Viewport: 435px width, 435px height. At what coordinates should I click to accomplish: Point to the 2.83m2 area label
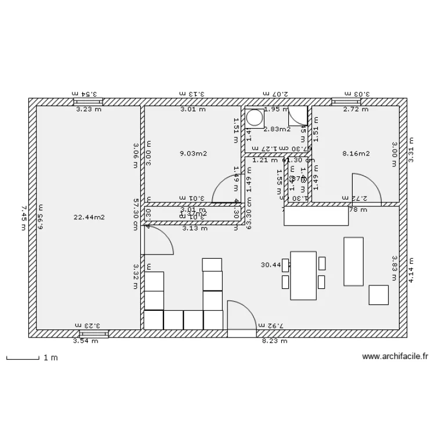click(277, 129)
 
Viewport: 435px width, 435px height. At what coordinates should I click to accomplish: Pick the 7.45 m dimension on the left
click(24, 217)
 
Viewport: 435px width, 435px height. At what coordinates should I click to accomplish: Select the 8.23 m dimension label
click(274, 341)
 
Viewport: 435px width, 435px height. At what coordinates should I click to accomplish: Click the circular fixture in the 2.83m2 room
click(254, 118)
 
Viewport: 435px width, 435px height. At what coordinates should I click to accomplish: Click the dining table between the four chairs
click(303, 275)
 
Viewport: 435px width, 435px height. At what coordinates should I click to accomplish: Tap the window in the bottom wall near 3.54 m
click(93, 334)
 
